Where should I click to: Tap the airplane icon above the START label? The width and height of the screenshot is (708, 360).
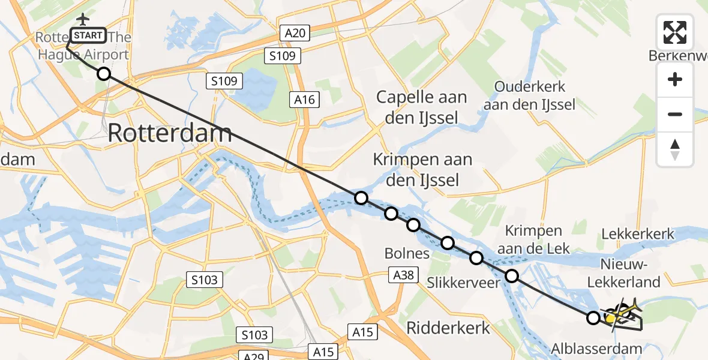(82, 19)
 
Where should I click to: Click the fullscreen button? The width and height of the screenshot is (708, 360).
(675, 32)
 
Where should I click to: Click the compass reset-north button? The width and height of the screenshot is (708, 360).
(675, 149)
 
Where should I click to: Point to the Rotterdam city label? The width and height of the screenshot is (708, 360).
(170, 134)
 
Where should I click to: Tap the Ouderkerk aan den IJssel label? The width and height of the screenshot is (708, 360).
(535, 95)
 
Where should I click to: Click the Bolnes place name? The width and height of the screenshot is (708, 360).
(407, 253)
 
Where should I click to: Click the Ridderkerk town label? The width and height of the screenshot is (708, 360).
(448, 328)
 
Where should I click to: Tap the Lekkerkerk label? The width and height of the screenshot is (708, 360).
(638, 234)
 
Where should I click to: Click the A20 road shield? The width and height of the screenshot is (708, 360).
(294, 34)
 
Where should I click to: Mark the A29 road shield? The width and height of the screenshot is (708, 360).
(256, 355)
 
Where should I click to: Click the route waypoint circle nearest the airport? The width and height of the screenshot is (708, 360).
(104, 74)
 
